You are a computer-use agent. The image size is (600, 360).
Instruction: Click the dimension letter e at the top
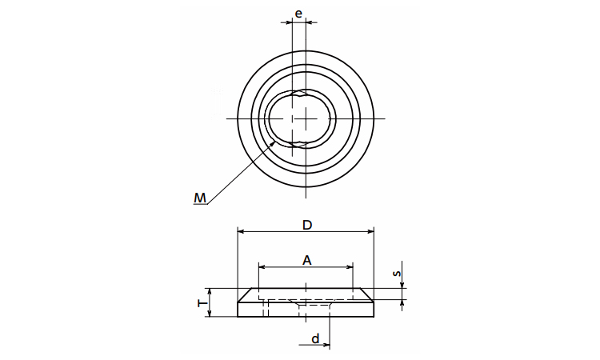pos(298,14)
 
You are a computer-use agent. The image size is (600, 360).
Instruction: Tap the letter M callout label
pos(200,198)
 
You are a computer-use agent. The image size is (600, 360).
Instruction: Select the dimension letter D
pos(307,225)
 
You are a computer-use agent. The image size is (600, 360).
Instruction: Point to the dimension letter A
pos(307,261)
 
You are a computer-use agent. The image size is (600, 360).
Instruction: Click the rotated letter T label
pos(202,303)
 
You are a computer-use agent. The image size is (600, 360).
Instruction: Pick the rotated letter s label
pos(398,274)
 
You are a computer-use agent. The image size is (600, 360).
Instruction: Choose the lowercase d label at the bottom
pos(315,338)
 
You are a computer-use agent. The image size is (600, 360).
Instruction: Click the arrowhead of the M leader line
pos(273,142)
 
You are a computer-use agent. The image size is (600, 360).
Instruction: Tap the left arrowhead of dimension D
pos(241,231)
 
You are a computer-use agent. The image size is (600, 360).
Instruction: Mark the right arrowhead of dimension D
pos(370,231)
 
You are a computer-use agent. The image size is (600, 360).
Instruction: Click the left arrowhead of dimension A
pos(262,266)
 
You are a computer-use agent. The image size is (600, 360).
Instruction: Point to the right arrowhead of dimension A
pos(349,266)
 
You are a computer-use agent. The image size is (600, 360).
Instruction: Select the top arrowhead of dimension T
pos(210,291)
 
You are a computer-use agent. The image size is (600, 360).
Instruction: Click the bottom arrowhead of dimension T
pos(210,314)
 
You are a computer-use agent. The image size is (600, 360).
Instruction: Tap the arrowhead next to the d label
pos(326,345)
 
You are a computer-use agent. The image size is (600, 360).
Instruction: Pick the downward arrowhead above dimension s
pos(402,285)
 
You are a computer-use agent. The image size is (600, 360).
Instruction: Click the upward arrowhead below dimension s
pos(402,304)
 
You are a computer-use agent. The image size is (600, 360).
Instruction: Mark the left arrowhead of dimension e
pos(289,22)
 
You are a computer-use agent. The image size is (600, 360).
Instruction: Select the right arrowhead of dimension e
pos(309,22)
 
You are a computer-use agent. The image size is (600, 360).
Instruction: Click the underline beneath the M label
pos(200,205)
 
